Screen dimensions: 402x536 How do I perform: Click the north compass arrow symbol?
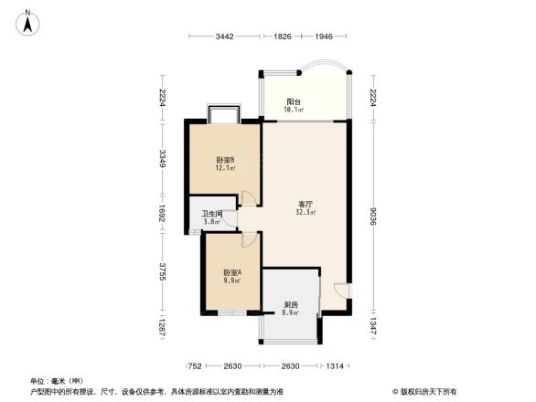[29, 22]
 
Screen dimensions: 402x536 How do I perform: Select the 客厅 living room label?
[306, 204]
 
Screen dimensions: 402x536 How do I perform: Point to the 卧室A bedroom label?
[232, 273]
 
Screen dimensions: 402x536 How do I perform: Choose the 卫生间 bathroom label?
[212, 214]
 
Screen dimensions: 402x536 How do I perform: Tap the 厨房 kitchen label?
[291, 304]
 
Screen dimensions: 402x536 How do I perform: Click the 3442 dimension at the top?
[226, 37]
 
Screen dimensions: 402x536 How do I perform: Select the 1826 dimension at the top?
[283, 37]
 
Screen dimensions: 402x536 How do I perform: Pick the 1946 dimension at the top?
[324, 37]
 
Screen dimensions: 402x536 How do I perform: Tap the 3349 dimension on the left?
[163, 158]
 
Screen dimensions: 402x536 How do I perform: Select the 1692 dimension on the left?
[163, 214]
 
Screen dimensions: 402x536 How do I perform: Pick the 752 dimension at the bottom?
[195, 365]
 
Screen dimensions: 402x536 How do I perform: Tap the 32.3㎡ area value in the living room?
[306, 213]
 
